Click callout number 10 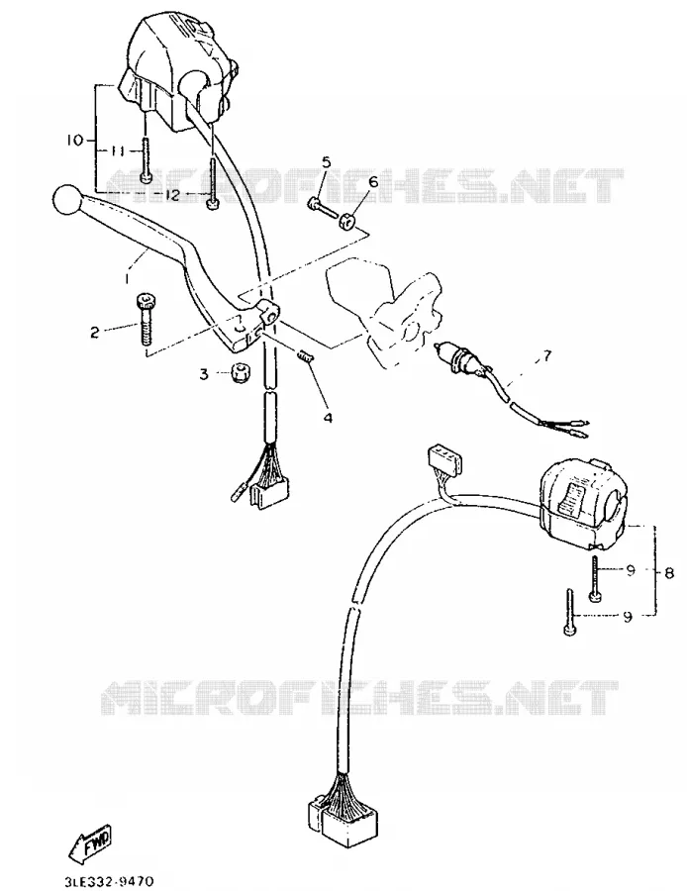(x=75, y=140)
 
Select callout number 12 (x=171, y=195)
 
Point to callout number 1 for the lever (x=128, y=278)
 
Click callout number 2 (x=95, y=333)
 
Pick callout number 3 (x=204, y=374)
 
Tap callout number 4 (x=328, y=418)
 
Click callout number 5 (x=326, y=162)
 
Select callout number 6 (x=373, y=182)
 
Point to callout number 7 (x=545, y=356)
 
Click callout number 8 (x=669, y=573)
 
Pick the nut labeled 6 (x=346, y=222)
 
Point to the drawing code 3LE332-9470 (x=110, y=881)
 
